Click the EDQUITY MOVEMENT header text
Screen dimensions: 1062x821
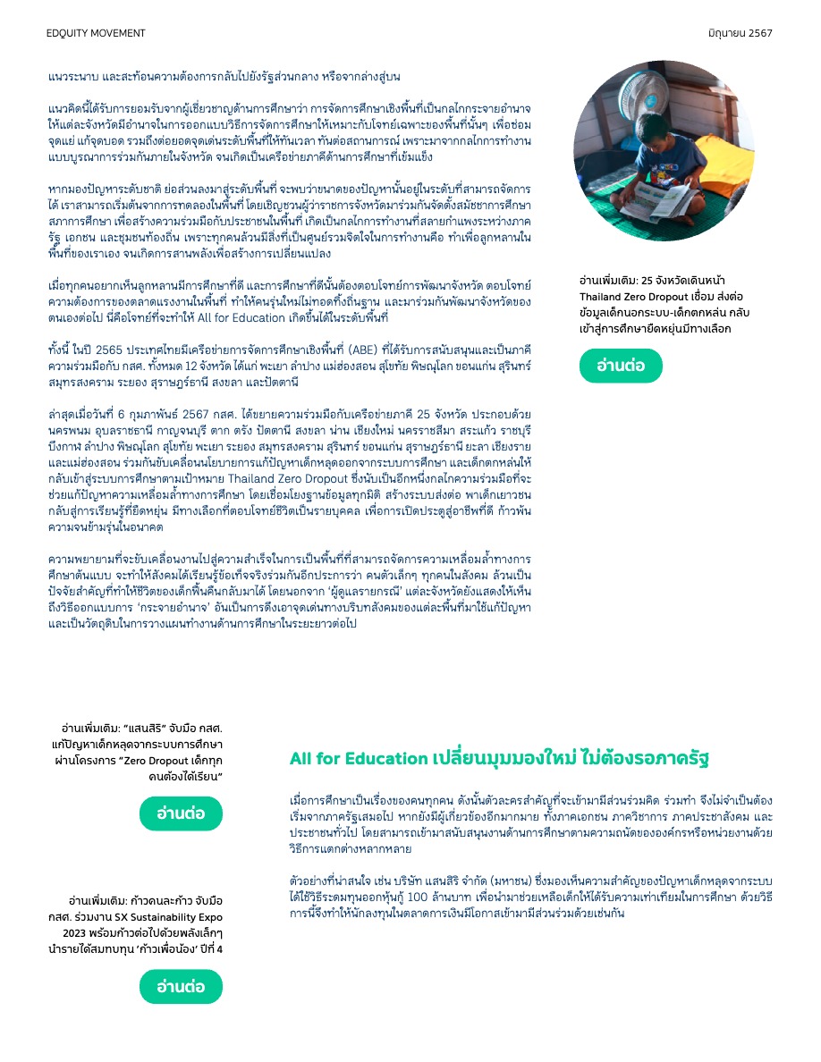pyautogui.click(x=96, y=33)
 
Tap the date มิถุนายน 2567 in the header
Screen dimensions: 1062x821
pyautogui.click(x=740, y=33)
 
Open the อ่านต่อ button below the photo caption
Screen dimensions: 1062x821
pyautogui.click(x=621, y=366)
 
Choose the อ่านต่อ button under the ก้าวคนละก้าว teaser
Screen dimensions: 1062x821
pyautogui.click(x=181, y=987)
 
